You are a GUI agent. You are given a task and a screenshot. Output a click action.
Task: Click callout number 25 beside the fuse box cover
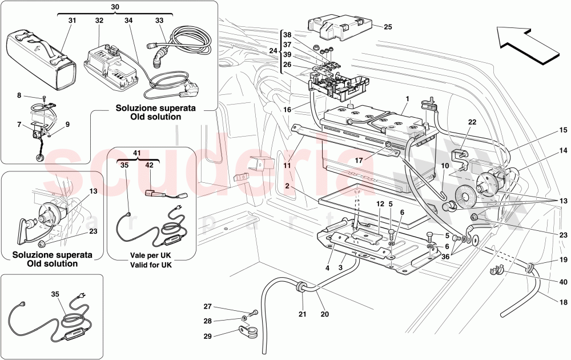388,27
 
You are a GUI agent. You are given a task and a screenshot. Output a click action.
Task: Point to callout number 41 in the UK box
136,153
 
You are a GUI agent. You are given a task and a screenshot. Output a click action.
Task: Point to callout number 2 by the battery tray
289,186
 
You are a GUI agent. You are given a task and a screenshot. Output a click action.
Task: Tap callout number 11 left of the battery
287,165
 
